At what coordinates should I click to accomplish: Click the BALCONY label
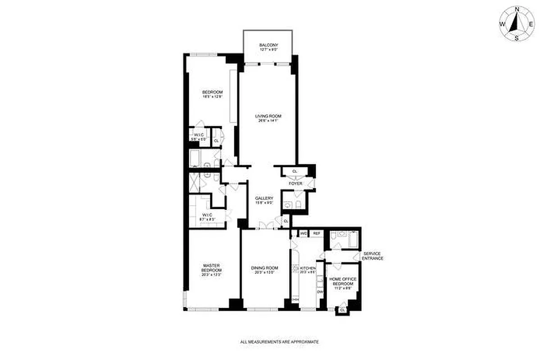pyautogui.click(x=268, y=45)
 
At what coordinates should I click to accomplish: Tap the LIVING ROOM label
pyautogui.click(x=268, y=116)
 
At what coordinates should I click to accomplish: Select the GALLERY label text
pyautogui.click(x=264, y=198)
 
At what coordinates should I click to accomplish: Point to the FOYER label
pyautogui.click(x=295, y=184)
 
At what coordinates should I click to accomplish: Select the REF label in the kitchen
pyautogui.click(x=317, y=233)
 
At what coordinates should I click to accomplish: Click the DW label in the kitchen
pyautogui.click(x=320, y=292)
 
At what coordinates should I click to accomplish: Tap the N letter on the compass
pyautogui.click(x=517, y=9)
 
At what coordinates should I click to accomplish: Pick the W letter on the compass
pyautogui.click(x=502, y=24)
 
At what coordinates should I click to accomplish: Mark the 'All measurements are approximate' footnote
pyautogui.click(x=280, y=342)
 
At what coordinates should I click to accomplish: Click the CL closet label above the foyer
pyautogui.click(x=295, y=171)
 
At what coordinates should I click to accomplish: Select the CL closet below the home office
pyautogui.click(x=342, y=310)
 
